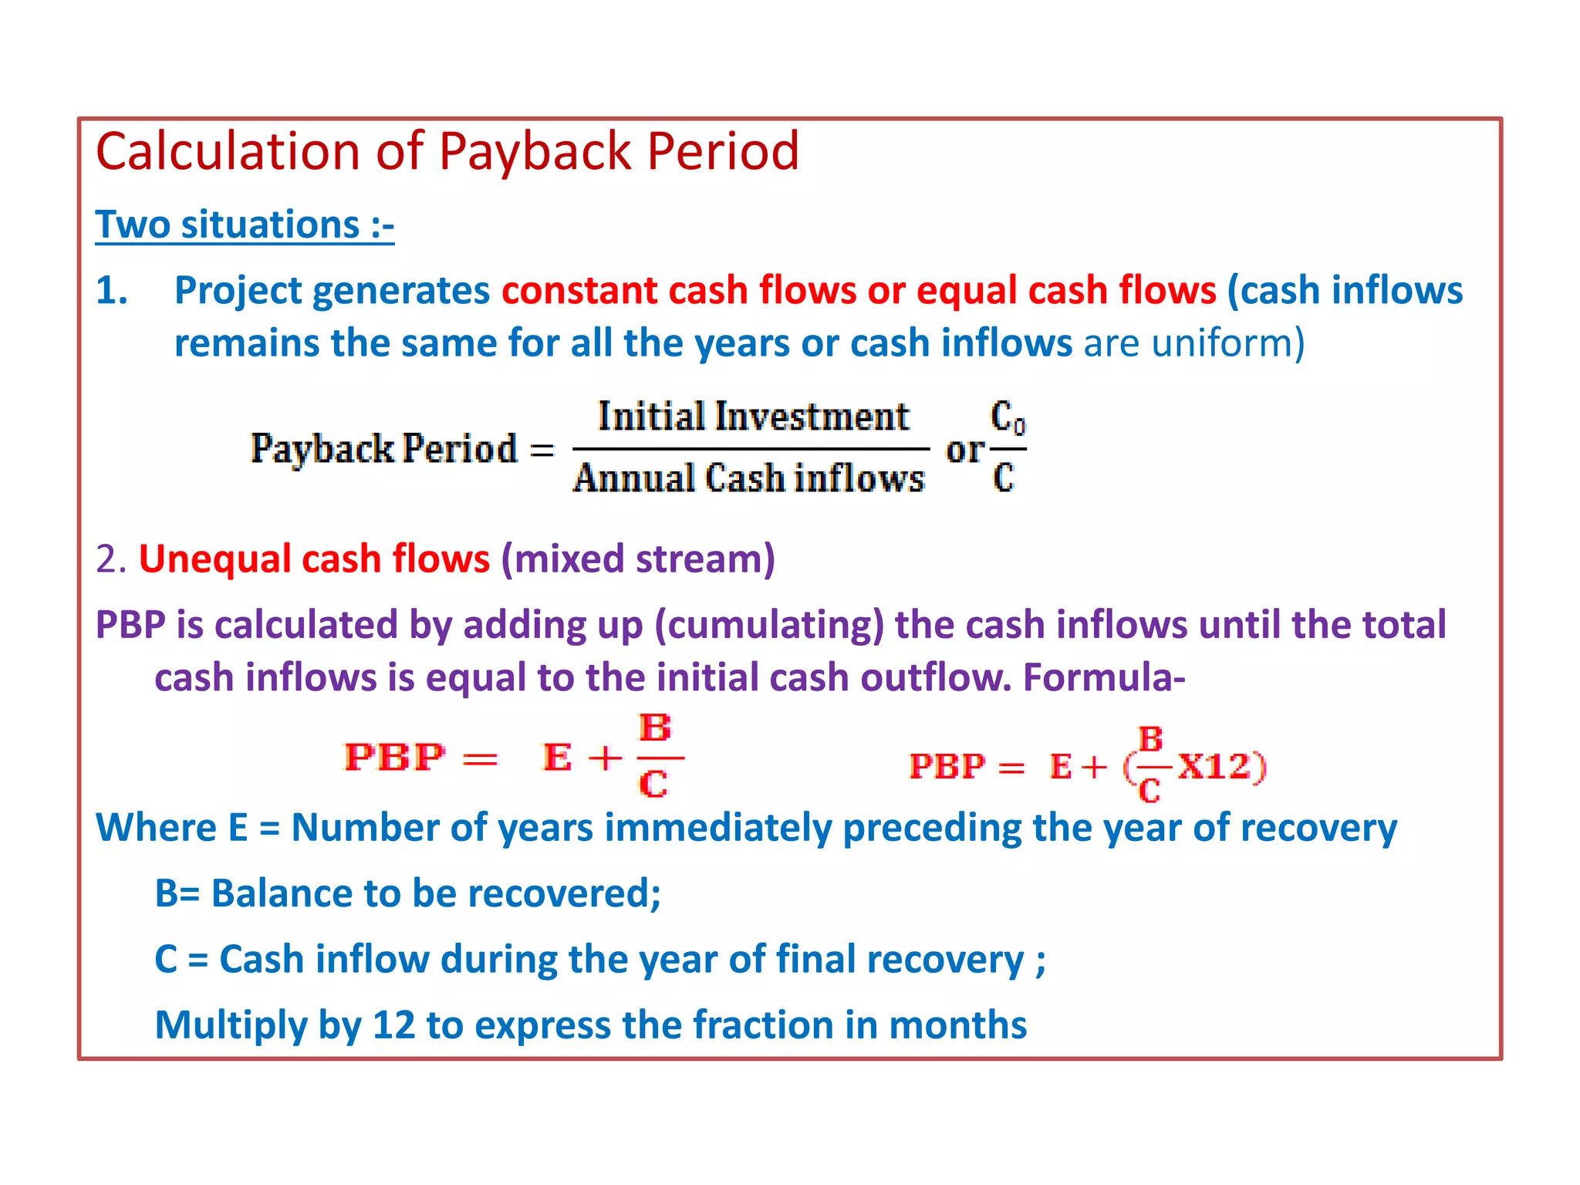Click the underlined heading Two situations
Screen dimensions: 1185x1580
(245, 225)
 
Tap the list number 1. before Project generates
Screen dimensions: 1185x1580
(112, 291)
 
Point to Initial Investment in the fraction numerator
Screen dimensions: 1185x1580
(753, 417)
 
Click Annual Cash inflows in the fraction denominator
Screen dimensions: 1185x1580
(748, 478)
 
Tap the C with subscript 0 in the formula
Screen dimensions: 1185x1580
(1007, 418)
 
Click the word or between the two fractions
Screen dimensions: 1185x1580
(964, 450)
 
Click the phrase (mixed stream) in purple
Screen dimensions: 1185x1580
(637, 559)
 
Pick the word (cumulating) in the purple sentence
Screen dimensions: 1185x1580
(768, 625)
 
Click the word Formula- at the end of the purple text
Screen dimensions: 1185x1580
(1103, 677)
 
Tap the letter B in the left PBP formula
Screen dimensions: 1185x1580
(655, 728)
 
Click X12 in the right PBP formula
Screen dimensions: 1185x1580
(1214, 766)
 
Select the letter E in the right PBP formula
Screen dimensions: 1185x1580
(1061, 767)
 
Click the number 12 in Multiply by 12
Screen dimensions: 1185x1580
(393, 1025)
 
